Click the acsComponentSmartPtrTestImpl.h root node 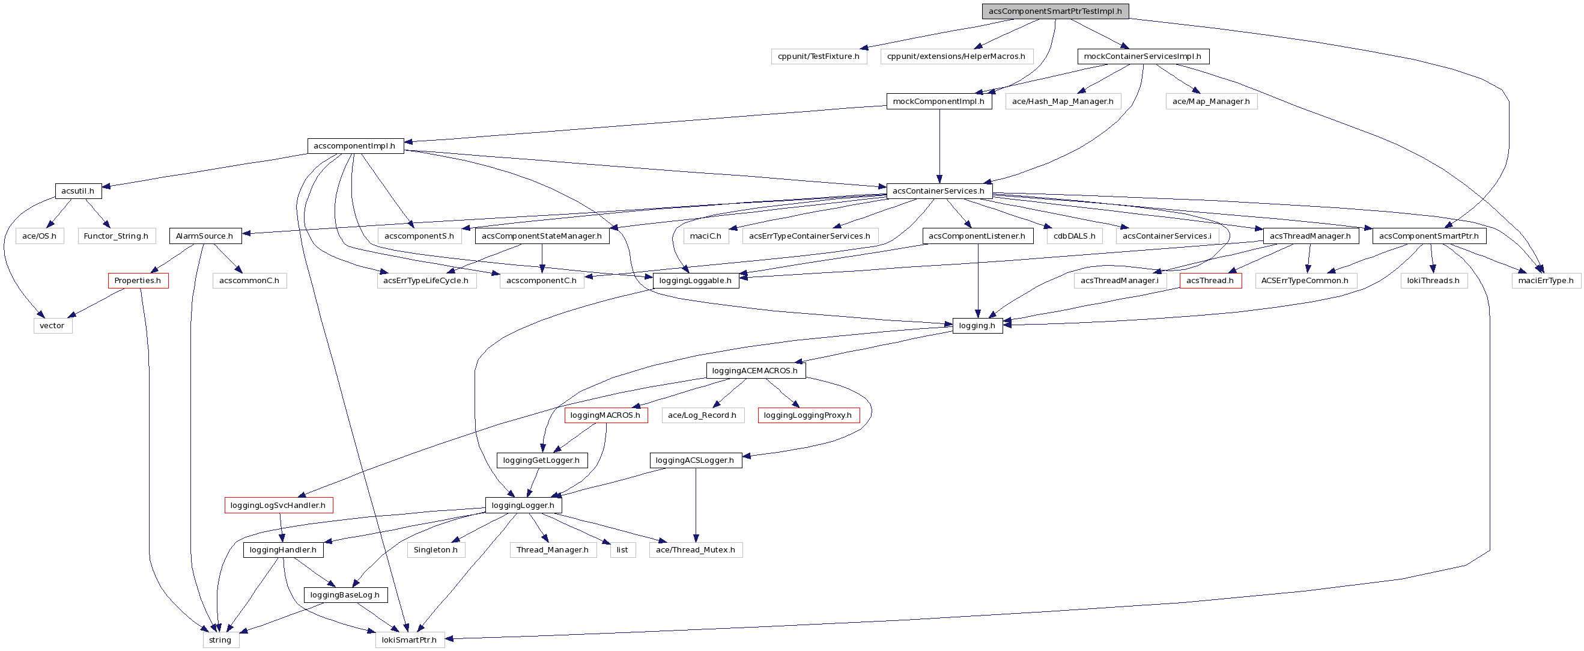point(1055,11)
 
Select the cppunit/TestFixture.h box point(819,56)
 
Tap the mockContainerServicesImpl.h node point(1142,56)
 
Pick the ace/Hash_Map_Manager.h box point(1063,102)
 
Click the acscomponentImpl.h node point(355,146)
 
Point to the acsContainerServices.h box point(938,191)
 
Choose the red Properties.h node point(138,281)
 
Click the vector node point(52,326)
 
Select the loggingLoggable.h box point(696,281)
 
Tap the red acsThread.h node point(1210,281)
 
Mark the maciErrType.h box point(1546,281)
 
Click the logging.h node point(977,326)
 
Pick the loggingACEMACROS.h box point(755,370)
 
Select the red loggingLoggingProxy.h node point(808,415)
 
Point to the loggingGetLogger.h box point(542,460)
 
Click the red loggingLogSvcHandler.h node point(278,505)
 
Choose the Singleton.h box point(435,550)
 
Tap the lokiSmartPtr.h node point(410,640)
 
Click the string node point(220,640)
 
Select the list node point(622,550)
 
